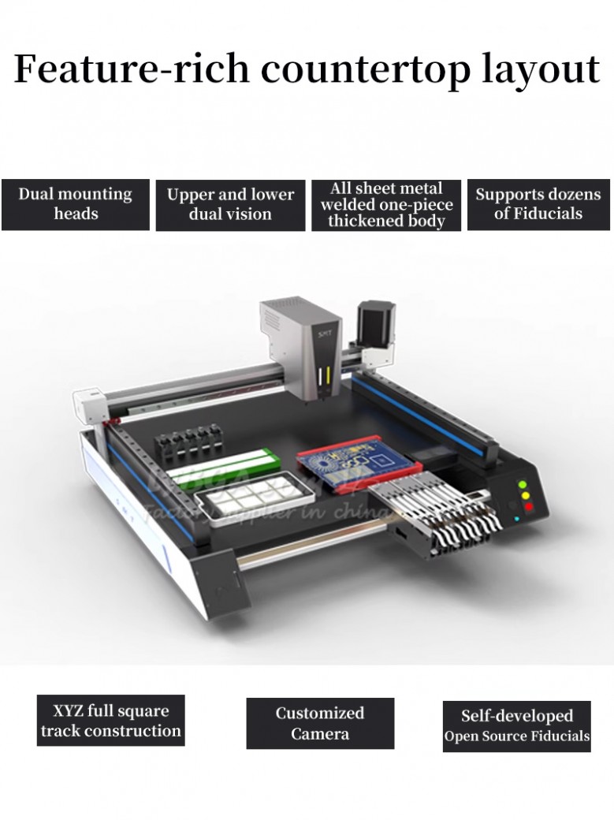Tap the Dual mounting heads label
pos(76,204)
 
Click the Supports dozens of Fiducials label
pos(538,204)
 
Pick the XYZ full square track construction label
pos(110,721)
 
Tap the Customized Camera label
pos(320,723)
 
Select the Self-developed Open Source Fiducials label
pos(516,726)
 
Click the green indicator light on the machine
pos(521,485)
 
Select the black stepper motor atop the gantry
pos(373,328)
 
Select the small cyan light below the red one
pos(517,519)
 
